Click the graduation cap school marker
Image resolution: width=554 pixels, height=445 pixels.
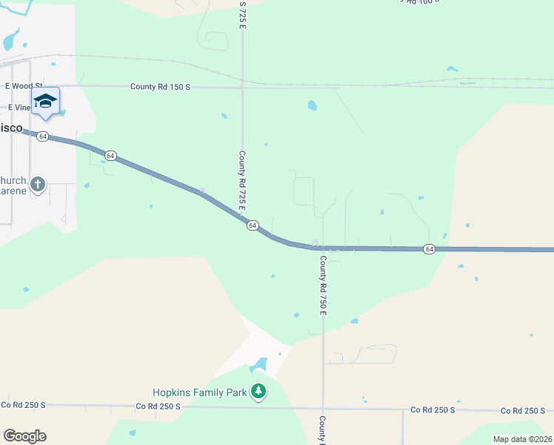[45, 102]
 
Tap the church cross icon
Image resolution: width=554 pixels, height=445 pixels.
[38, 183]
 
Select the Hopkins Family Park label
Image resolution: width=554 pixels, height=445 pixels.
[200, 392]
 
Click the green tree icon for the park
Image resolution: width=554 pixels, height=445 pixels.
[258, 391]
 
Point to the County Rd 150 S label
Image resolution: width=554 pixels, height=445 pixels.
[160, 87]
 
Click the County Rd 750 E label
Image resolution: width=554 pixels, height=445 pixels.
[323, 285]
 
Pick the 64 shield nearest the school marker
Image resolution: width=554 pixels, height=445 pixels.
[44, 136]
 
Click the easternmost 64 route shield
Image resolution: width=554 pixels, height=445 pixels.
[429, 249]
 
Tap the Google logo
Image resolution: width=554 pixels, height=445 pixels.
[24, 436]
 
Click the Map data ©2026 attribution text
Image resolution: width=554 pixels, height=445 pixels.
[523, 439]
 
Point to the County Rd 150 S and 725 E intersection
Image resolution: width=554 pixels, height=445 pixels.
[243, 87]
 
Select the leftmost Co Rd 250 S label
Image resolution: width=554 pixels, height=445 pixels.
[23, 405]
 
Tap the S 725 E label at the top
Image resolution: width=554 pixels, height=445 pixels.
[242, 15]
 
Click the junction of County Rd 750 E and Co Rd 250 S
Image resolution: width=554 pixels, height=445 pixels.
[323, 408]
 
